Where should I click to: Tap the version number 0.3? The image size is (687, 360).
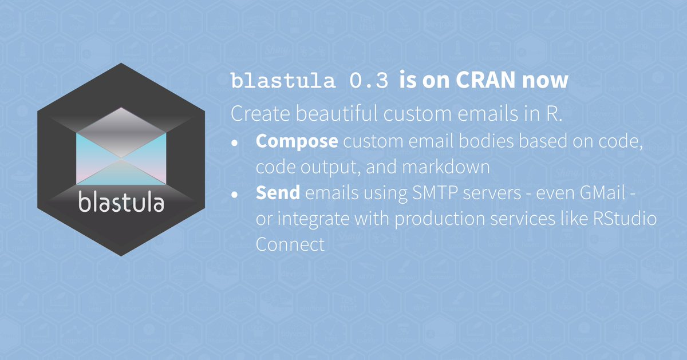pyautogui.click(x=370, y=81)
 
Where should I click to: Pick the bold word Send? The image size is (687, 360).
pyautogui.click(x=278, y=193)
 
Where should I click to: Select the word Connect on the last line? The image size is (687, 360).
pyautogui.click(x=290, y=244)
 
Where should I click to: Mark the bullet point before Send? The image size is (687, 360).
pyautogui.click(x=235, y=195)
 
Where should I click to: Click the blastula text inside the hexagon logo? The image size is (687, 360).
pyautogui.click(x=121, y=203)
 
